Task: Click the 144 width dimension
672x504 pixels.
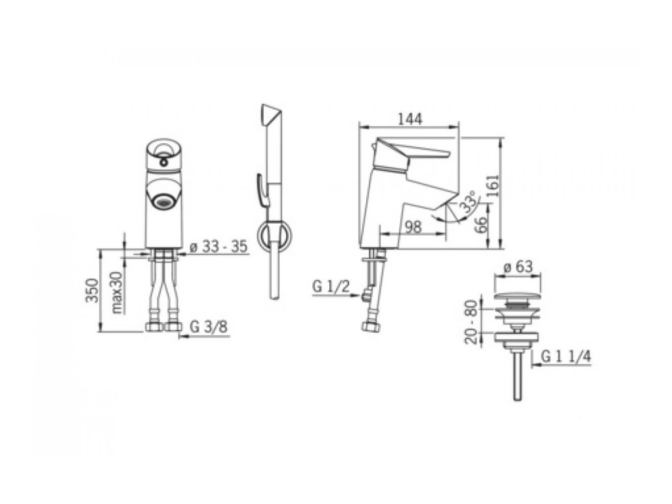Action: click(410, 119)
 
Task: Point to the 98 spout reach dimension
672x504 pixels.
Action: click(413, 226)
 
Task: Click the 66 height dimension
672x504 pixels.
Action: click(481, 224)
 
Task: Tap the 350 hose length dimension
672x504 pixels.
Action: click(93, 290)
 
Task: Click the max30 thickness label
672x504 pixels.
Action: click(116, 292)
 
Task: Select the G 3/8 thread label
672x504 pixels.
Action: click(209, 327)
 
